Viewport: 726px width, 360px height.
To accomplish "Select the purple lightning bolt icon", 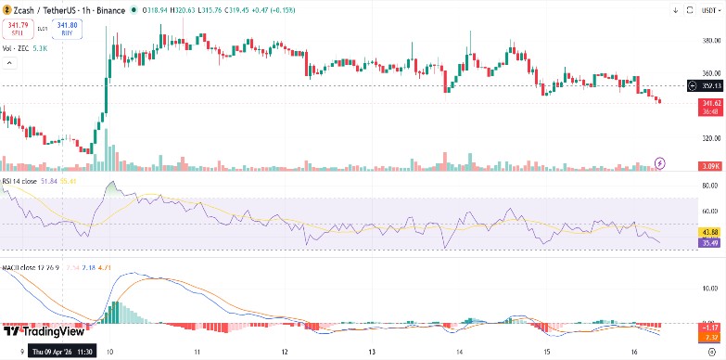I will (x=660, y=162).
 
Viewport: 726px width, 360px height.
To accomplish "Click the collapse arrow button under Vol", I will (x=10, y=62).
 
